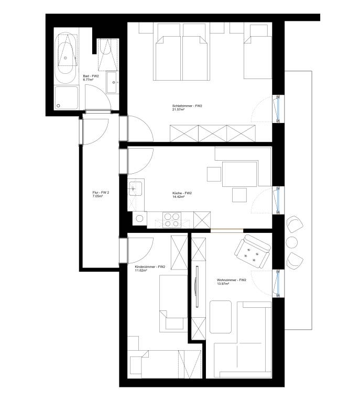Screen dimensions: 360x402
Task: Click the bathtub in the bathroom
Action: (66, 58)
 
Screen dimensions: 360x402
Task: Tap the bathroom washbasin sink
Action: (112, 82)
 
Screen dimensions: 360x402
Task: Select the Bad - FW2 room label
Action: (91, 76)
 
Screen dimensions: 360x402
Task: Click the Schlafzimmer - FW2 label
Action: (187, 106)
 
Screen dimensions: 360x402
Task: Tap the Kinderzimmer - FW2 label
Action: (150, 266)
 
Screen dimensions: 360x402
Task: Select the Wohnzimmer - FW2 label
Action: (232, 280)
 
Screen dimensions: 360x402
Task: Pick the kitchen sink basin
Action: (136, 188)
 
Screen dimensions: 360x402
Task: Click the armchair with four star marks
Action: (252, 251)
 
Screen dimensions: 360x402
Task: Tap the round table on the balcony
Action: (292, 242)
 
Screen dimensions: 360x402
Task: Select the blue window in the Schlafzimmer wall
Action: (278, 108)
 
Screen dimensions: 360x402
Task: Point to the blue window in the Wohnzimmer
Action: (278, 283)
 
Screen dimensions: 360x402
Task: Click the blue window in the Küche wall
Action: (278, 200)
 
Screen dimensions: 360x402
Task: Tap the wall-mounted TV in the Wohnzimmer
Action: (197, 286)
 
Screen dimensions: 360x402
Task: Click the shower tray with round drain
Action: (66, 98)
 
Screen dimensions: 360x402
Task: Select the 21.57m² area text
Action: (179, 109)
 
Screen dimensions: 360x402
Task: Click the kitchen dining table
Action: (239, 174)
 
